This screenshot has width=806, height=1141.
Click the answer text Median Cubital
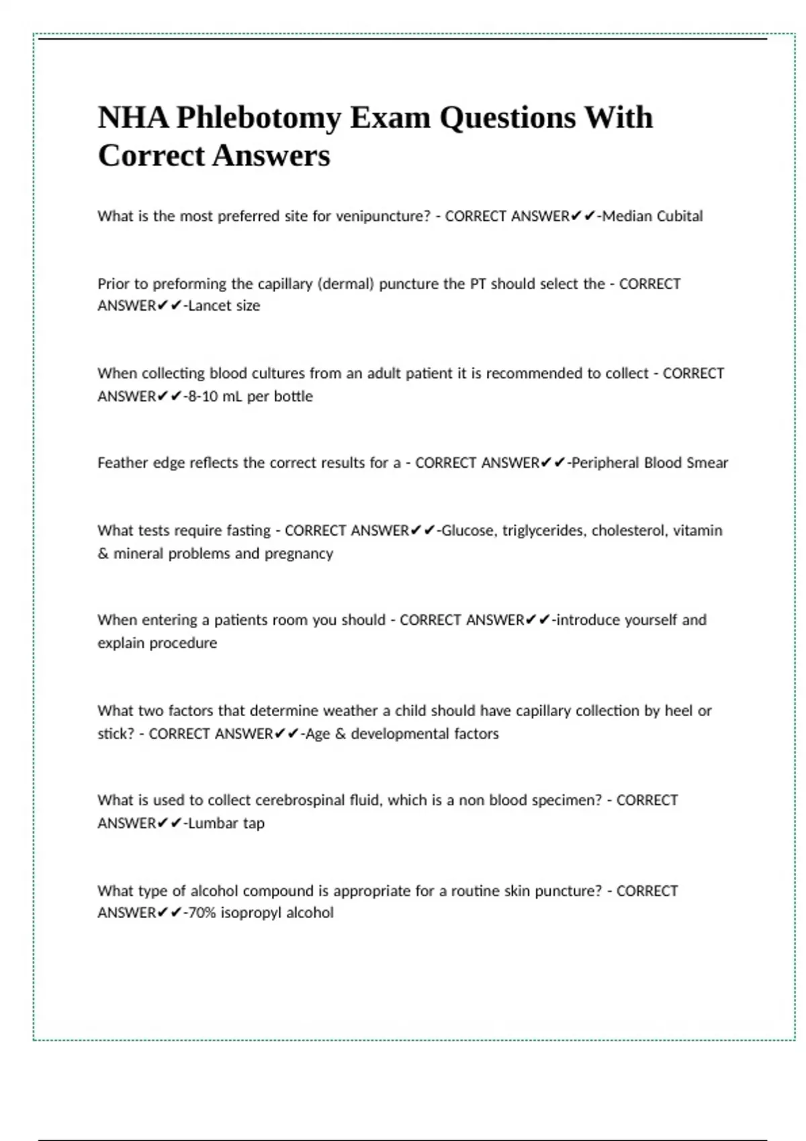[x=652, y=216]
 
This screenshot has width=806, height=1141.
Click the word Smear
[x=707, y=462]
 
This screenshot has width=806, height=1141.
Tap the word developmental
[x=400, y=734]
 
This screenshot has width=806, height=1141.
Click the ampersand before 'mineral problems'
[x=103, y=554]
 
